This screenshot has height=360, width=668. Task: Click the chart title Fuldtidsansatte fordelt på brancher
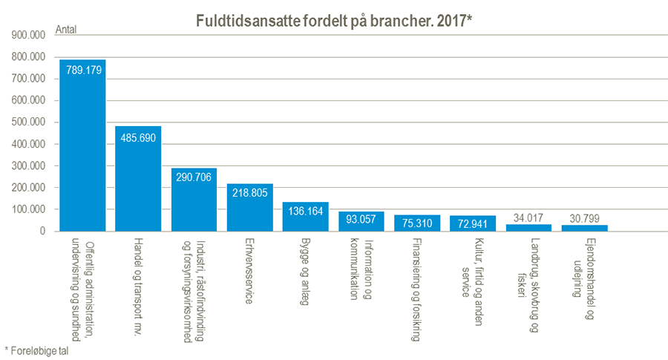[x=334, y=22]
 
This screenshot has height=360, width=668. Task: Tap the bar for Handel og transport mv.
[x=138, y=179]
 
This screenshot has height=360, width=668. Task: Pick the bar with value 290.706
[x=194, y=200]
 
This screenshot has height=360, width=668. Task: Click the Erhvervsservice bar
[x=250, y=208]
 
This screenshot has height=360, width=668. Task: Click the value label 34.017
[x=529, y=218]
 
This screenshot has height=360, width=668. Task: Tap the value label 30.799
[x=585, y=218]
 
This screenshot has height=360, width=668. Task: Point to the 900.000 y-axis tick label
[x=28, y=35]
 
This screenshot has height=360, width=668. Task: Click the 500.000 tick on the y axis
[x=28, y=122]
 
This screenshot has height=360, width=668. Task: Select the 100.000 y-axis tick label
[x=28, y=210]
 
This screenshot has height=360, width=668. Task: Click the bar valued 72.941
[x=473, y=223]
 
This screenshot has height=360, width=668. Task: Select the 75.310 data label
[x=417, y=222]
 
